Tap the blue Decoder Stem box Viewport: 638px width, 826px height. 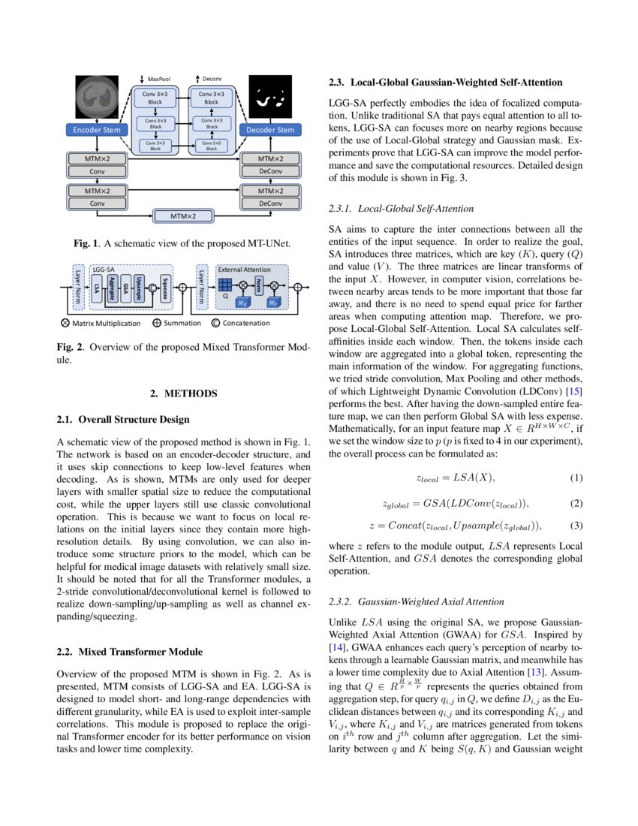(x=270, y=130)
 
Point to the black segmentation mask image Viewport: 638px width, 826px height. (x=270, y=98)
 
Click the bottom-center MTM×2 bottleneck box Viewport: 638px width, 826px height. (x=183, y=217)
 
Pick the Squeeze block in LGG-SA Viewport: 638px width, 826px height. (x=164, y=286)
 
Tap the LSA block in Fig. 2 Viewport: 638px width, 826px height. (x=97, y=286)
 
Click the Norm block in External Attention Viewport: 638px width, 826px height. (x=258, y=285)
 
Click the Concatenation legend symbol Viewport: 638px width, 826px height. (x=217, y=324)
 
